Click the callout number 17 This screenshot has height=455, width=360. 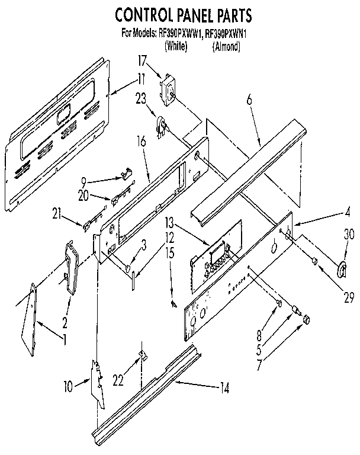click(142, 60)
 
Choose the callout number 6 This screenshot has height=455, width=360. click(249, 101)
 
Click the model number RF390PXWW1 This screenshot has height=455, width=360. click(181, 34)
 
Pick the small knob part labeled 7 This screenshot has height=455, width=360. click(307, 320)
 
